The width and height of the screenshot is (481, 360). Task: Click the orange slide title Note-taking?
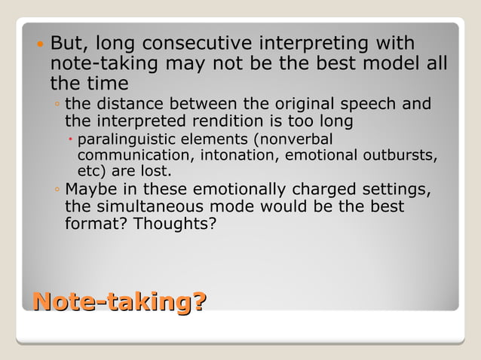(118, 303)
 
